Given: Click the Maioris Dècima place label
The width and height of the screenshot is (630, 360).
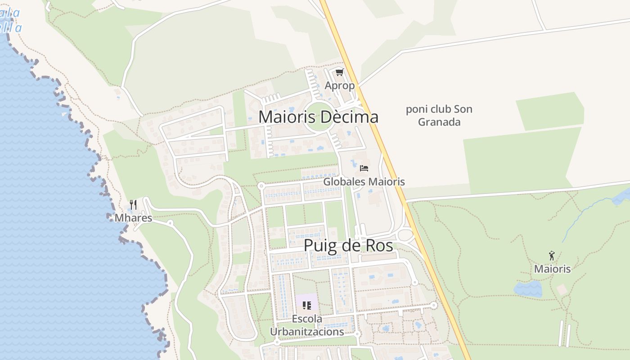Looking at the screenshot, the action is pyautogui.click(x=318, y=117).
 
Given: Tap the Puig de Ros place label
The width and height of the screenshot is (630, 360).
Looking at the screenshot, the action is pyautogui.click(x=348, y=246).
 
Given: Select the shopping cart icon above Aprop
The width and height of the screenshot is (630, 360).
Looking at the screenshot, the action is pyautogui.click(x=340, y=72).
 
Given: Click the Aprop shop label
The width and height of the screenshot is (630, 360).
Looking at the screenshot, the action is pyautogui.click(x=340, y=85).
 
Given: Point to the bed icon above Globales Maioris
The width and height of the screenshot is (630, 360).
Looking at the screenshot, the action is pyautogui.click(x=364, y=168).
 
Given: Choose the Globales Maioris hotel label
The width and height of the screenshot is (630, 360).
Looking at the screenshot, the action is pyautogui.click(x=364, y=182).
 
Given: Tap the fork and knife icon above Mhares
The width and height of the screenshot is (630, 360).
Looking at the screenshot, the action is pyautogui.click(x=133, y=205).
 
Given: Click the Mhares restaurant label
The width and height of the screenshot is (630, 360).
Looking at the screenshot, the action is pyautogui.click(x=133, y=218).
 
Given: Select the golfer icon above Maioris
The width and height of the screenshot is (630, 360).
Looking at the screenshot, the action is pyautogui.click(x=552, y=256).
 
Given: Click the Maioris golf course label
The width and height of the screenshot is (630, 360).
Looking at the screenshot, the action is pyautogui.click(x=552, y=269).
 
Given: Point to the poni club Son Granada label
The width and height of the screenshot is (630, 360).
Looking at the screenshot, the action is pyautogui.click(x=439, y=116).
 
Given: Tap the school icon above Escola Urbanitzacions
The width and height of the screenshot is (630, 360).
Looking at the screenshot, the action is pyautogui.click(x=307, y=306).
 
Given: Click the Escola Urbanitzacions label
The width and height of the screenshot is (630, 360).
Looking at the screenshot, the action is pyautogui.click(x=307, y=325).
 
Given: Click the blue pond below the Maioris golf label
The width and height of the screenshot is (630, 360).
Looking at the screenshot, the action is pyautogui.click(x=528, y=288).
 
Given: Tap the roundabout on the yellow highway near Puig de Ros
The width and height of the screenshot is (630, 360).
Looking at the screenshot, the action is pyautogui.click(x=405, y=234).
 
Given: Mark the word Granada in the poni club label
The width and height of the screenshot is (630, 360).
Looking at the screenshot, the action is pyautogui.click(x=439, y=122).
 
